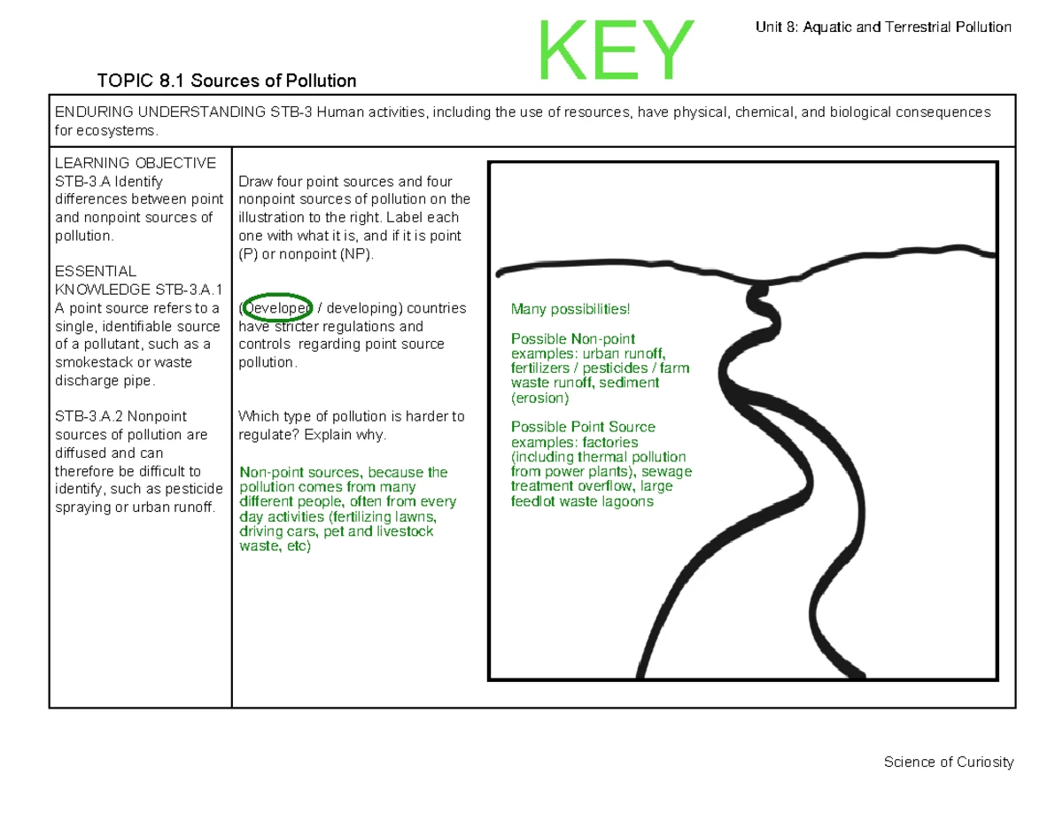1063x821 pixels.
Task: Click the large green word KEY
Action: [x=616, y=50]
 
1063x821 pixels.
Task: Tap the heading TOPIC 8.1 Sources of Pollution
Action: [x=227, y=81]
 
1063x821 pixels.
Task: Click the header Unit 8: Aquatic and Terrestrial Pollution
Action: [x=882, y=27]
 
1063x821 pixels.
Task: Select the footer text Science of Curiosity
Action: [x=948, y=763]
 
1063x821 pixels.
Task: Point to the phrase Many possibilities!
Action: [x=570, y=309]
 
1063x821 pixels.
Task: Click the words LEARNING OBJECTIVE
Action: [x=136, y=163]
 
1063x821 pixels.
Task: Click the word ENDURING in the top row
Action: [x=97, y=112]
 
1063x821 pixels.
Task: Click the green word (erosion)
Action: [x=540, y=398]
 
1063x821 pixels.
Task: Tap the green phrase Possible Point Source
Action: [x=583, y=427]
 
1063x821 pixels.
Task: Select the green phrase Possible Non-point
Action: [x=573, y=339]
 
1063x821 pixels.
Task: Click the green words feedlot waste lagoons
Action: [x=582, y=501]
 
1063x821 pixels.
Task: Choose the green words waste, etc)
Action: [x=275, y=546]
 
